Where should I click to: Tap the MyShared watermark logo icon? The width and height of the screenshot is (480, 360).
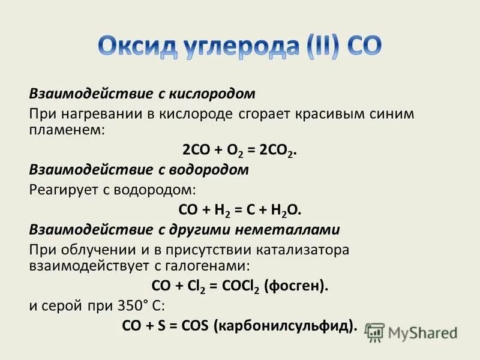click(375, 332)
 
